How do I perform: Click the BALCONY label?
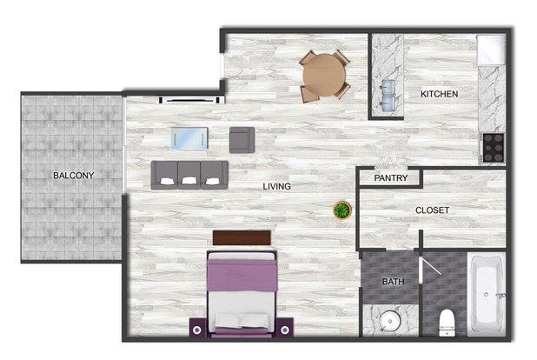pyautogui.click(x=73, y=175)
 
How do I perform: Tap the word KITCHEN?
pyautogui.click(x=439, y=94)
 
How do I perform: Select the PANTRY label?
pyautogui.click(x=391, y=177)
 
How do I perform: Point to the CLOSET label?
pyautogui.click(x=432, y=210)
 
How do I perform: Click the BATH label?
pyautogui.click(x=393, y=282)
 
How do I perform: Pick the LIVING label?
pyautogui.click(x=276, y=186)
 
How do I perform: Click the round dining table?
pyautogui.click(x=324, y=76)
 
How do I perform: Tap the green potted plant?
pyautogui.click(x=342, y=210)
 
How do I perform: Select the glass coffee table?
pyautogui.click(x=189, y=138)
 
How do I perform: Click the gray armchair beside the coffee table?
pyautogui.click(x=242, y=140)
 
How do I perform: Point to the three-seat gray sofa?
pyautogui.click(x=189, y=175)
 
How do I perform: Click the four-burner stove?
pyautogui.click(x=493, y=148)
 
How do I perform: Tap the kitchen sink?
pyautogui.click(x=388, y=96)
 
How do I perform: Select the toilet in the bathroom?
pyautogui.click(x=447, y=323)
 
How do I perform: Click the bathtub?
pyautogui.click(x=487, y=294)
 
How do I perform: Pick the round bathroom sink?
pyautogui.click(x=390, y=321)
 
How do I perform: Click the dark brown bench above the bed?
pyautogui.click(x=242, y=237)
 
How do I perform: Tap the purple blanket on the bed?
pyautogui.click(x=242, y=275)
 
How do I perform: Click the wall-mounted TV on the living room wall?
pyautogui.click(x=189, y=100)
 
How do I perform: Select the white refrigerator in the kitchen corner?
pyautogui.click(x=492, y=50)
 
